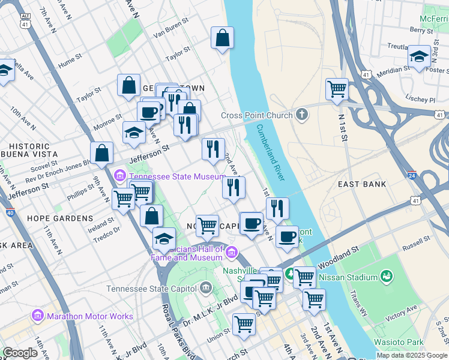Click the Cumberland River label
pos(271,154)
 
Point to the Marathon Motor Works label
pos(90,316)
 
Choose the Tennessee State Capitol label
pos(152,289)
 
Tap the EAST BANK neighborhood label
pos(362,184)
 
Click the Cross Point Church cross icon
pos(302,114)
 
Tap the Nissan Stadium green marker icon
pos(387,277)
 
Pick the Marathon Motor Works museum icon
pos(38,315)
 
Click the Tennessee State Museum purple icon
pos(119,175)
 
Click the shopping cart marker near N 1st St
pos(337,89)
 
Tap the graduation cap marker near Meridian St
pos(419,56)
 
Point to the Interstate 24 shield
pos(412,176)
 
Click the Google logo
pos(20,353)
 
